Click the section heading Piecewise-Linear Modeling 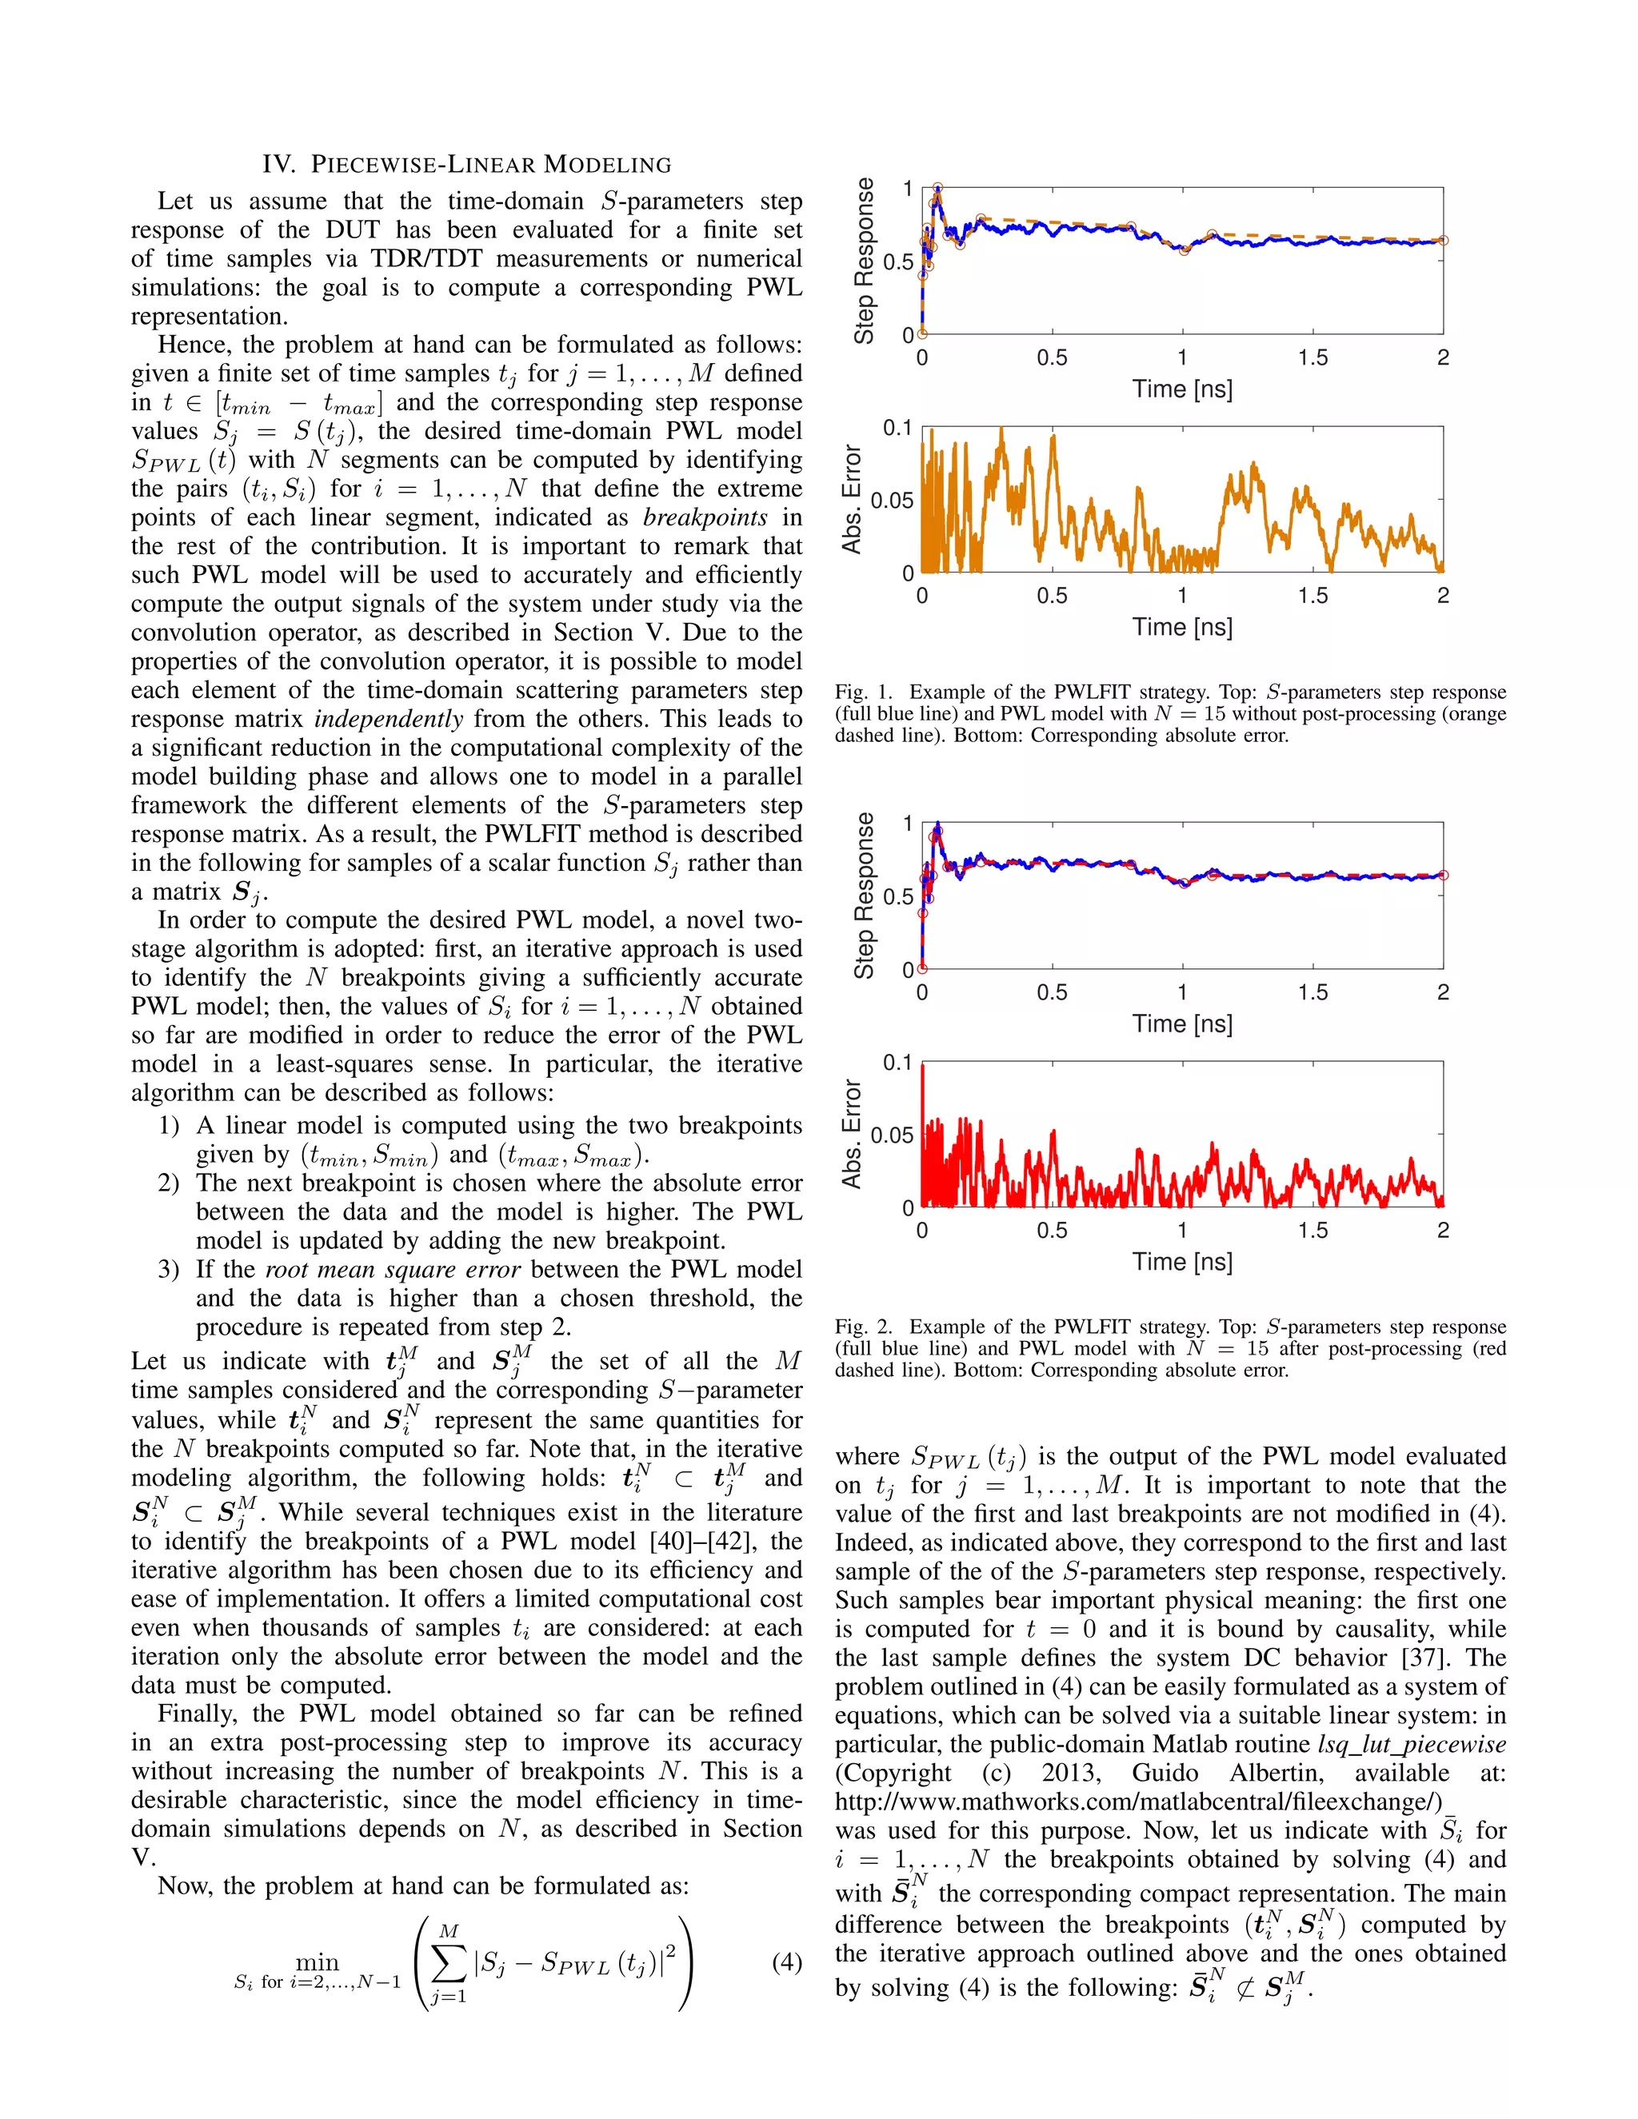(x=467, y=164)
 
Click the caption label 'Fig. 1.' (x=863, y=692)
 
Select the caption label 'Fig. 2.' (x=863, y=1327)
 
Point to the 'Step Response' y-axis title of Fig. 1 (x=863, y=260)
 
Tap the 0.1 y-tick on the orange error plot (x=897, y=428)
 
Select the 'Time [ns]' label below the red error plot (x=1182, y=1261)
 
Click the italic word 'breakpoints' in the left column (x=705, y=517)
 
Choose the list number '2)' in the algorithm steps (x=169, y=1183)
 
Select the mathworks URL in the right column (x=1138, y=1802)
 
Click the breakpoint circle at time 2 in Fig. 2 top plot (x=1443, y=875)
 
